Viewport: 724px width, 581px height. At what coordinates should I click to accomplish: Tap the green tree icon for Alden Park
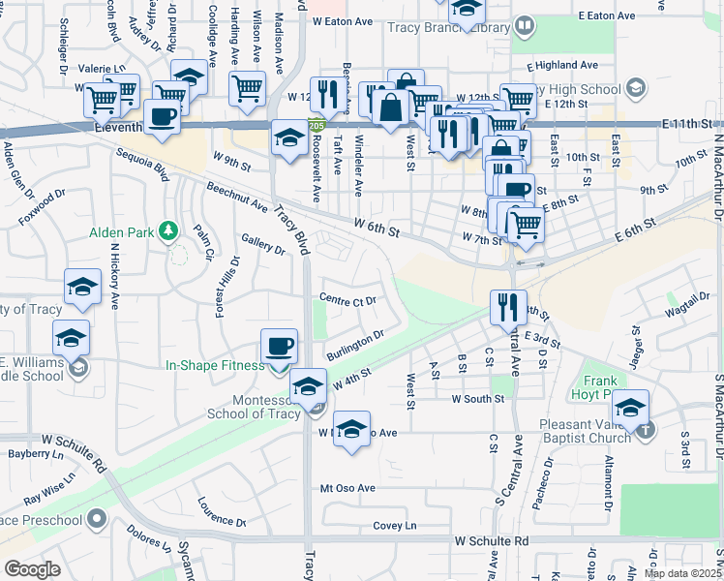169,230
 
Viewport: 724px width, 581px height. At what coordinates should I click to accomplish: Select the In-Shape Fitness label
214,365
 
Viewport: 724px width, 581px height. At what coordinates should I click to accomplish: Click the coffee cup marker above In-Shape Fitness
279,347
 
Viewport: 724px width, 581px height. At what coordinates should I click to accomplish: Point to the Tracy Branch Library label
448,28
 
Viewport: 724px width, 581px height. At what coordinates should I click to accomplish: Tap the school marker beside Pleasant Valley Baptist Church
630,407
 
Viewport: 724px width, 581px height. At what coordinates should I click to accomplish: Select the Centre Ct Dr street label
347,301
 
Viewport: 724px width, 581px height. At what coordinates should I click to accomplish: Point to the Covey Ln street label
394,526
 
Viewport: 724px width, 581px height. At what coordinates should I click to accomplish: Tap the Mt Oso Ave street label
347,488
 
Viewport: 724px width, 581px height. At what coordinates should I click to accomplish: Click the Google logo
32,568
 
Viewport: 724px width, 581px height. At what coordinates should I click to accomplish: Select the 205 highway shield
316,125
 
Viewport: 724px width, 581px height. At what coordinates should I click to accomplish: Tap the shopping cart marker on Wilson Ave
247,88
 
